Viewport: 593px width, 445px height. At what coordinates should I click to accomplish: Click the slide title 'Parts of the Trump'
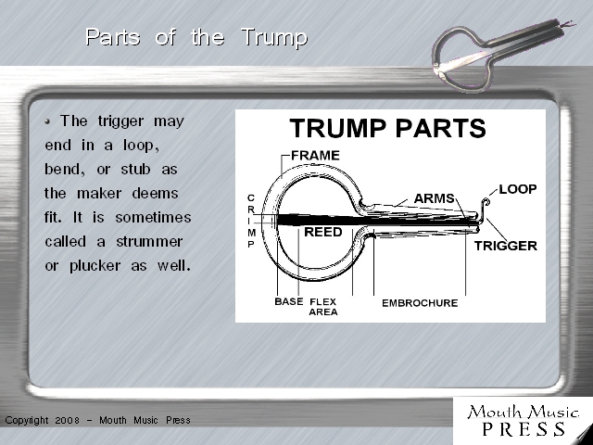(x=196, y=38)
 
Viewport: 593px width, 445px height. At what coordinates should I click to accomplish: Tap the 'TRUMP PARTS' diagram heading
(x=387, y=128)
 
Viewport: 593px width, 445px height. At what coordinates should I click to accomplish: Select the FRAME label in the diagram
(x=315, y=155)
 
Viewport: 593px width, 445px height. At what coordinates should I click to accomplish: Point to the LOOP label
(x=518, y=189)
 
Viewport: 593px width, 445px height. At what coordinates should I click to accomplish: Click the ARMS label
(x=435, y=198)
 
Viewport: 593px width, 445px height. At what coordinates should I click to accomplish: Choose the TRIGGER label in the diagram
(x=506, y=246)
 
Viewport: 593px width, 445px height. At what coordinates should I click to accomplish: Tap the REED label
(x=323, y=232)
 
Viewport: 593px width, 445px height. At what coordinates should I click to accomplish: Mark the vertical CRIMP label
(x=251, y=221)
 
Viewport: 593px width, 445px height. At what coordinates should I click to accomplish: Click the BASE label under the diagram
(x=289, y=301)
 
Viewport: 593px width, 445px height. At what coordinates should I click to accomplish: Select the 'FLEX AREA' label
(x=323, y=307)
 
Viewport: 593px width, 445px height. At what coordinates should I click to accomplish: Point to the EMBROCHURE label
(x=420, y=303)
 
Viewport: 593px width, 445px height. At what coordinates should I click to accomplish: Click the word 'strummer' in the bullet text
(x=149, y=241)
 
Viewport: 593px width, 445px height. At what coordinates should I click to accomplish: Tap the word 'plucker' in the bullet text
(x=95, y=266)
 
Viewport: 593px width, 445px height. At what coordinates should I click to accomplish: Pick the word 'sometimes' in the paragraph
(x=153, y=218)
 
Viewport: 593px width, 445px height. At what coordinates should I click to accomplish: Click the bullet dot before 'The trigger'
(x=47, y=121)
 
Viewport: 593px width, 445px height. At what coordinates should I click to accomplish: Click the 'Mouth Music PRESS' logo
(x=523, y=421)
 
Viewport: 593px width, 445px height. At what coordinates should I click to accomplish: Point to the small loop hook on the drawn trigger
(x=486, y=203)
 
